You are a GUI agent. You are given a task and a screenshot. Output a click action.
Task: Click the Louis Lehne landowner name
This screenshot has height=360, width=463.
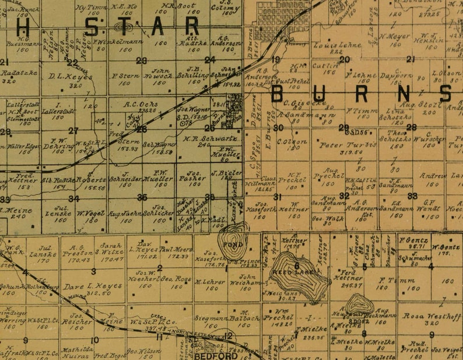329,44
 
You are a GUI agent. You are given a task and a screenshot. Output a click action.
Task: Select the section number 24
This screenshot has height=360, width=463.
210,60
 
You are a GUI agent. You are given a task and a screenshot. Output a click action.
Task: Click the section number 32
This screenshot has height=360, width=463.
344,196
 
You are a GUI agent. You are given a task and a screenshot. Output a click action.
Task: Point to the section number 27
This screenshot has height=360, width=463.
73,131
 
